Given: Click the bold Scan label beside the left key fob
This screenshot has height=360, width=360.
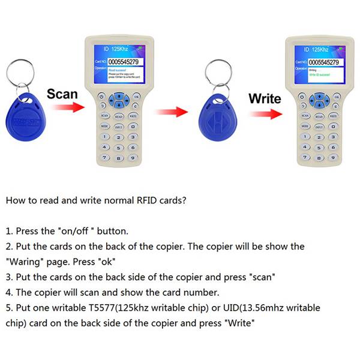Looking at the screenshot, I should coord(62,94).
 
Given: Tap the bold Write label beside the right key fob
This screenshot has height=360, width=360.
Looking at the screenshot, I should coord(265,98).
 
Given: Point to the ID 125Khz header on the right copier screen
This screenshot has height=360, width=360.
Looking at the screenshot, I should coord(316,49).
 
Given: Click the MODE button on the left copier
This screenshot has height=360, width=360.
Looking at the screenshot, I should coord(104,127).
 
